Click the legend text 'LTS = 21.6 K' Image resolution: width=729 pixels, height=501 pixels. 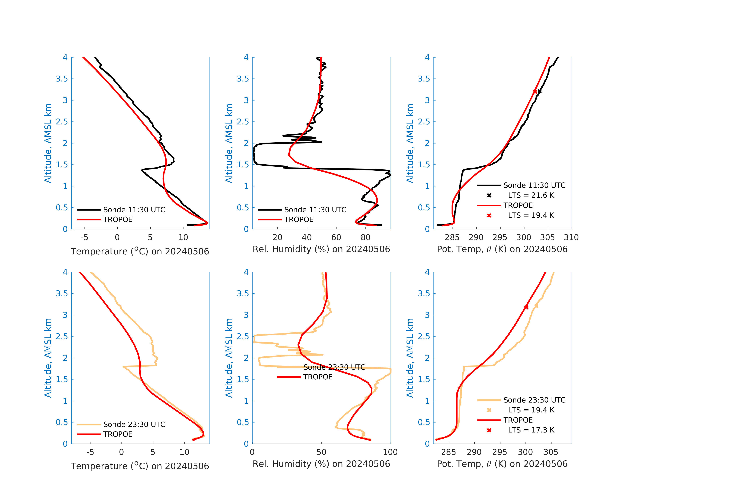pyautogui.click(x=531, y=195)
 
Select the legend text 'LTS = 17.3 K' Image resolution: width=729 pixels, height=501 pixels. pyautogui.click(x=531, y=430)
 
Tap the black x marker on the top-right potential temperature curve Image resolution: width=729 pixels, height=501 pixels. pyautogui.click(x=540, y=91)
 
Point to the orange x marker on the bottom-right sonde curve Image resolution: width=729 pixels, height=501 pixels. pyautogui.click(x=536, y=306)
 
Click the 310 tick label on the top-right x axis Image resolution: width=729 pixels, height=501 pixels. pyautogui.click(x=571, y=237)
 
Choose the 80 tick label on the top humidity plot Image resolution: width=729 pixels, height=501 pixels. pyautogui.click(x=365, y=237)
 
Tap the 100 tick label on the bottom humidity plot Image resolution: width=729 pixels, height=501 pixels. pyautogui.click(x=390, y=452)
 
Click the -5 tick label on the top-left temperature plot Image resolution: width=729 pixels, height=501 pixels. pyautogui.click(x=84, y=237)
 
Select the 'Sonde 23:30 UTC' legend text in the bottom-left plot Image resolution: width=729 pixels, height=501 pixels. pyautogui.click(x=134, y=424)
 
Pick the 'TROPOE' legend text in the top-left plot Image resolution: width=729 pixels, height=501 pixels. pyautogui.click(x=118, y=219)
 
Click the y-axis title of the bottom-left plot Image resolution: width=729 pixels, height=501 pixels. pyautogui.click(x=48, y=358)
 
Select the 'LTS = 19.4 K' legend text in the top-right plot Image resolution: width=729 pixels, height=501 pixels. pyautogui.click(x=531, y=215)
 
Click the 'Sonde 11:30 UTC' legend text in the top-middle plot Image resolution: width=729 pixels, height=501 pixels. pyautogui.click(x=315, y=210)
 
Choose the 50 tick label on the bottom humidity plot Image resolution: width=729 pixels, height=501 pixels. pyautogui.click(x=321, y=452)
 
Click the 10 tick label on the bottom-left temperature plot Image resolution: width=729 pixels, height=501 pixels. pyautogui.click(x=184, y=452)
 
